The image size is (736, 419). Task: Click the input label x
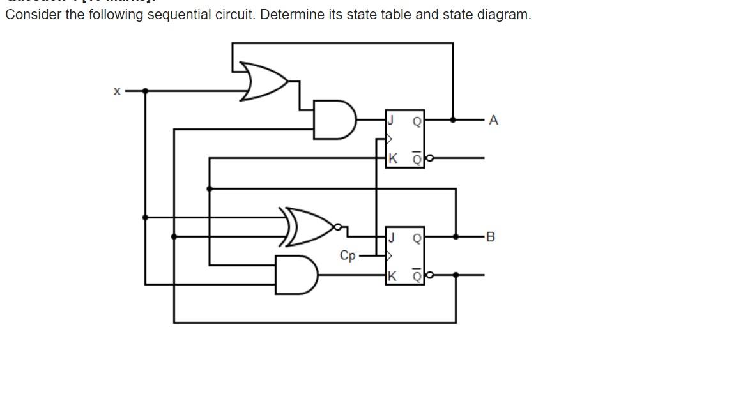[117, 92]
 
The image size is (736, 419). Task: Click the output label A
[493, 120]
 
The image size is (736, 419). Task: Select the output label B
[490, 237]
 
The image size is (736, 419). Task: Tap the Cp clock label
[348, 255]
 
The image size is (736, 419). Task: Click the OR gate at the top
[263, 82]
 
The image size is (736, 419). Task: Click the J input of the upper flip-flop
[391, 119]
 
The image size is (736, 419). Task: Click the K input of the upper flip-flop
[392, 158]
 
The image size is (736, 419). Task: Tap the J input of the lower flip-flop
[391, 238]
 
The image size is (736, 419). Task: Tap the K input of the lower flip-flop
[392, 276]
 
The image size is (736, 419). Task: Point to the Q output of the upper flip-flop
[417, 121]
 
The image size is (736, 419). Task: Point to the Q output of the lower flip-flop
[417, 238]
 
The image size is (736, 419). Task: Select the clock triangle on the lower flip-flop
[388, 256]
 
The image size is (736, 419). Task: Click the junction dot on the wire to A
[453, 119]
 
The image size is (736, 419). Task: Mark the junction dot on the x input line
[146, 91]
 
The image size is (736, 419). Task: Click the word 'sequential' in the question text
[177, 15]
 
